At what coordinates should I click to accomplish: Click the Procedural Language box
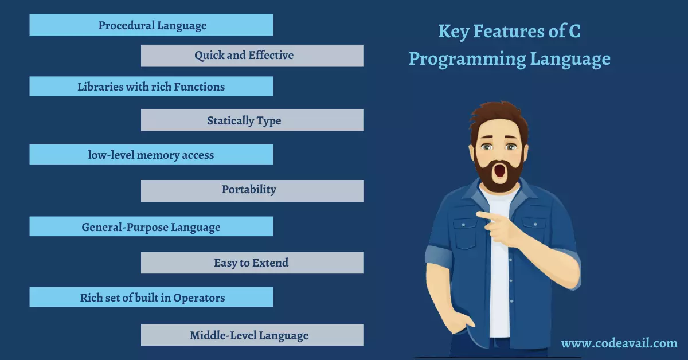click(x=151, y=25)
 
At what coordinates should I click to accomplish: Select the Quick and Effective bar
click(x=252, y=56)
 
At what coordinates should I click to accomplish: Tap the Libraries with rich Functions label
click(x=151, y=87)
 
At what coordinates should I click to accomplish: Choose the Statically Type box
click(x=252, y=120)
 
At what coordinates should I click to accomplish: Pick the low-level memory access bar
click(x=151, y=155)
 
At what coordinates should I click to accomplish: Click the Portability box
click(x=252, y=191)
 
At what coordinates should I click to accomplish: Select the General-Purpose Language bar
click(x=151, y=226)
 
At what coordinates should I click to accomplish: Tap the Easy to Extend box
click(x=252, y=263)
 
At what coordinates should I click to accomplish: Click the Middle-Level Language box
click(x=252, y=335)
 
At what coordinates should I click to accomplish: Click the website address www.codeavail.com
click(x=619, y=343)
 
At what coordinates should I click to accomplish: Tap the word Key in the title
click(x=454, y=32)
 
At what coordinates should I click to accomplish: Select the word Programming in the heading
click(x=467, y=59)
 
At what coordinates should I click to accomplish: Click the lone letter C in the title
click(x=574, y=31)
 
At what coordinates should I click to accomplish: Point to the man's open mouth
click(x=500, y=171)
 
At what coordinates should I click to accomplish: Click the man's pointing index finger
click(x=488, y=216)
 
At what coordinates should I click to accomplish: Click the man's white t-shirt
click(x=499, y=264)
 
